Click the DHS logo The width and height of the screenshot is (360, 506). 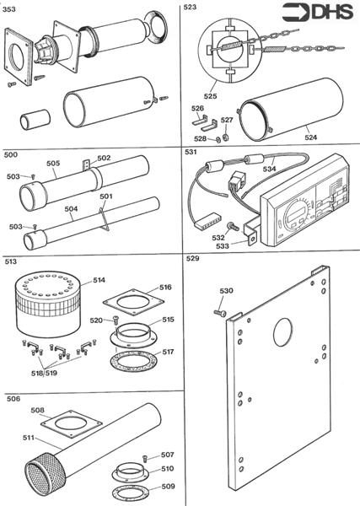point(317,13)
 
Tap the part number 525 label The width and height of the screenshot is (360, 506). point(210,96)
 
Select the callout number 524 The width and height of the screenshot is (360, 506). point(311,137)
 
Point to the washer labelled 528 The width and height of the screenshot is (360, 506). point(218,140)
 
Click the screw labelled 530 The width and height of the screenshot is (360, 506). point(220,312)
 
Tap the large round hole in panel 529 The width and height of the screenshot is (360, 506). point(283,332)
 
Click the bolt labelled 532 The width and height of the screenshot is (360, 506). point(234,226)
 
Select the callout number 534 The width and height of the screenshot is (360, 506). point(269,169)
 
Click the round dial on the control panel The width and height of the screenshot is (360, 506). point(295,214)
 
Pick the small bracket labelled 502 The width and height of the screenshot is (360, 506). point(87,164)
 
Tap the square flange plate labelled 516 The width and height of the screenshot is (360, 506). point(133,303)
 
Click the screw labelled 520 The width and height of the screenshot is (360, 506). point(116,320)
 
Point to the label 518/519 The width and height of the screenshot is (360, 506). point(44,373)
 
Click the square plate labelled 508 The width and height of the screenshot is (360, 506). point(72,424)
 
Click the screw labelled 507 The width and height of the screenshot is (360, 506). point(145,458)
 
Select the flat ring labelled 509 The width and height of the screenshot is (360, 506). point(132,493)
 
